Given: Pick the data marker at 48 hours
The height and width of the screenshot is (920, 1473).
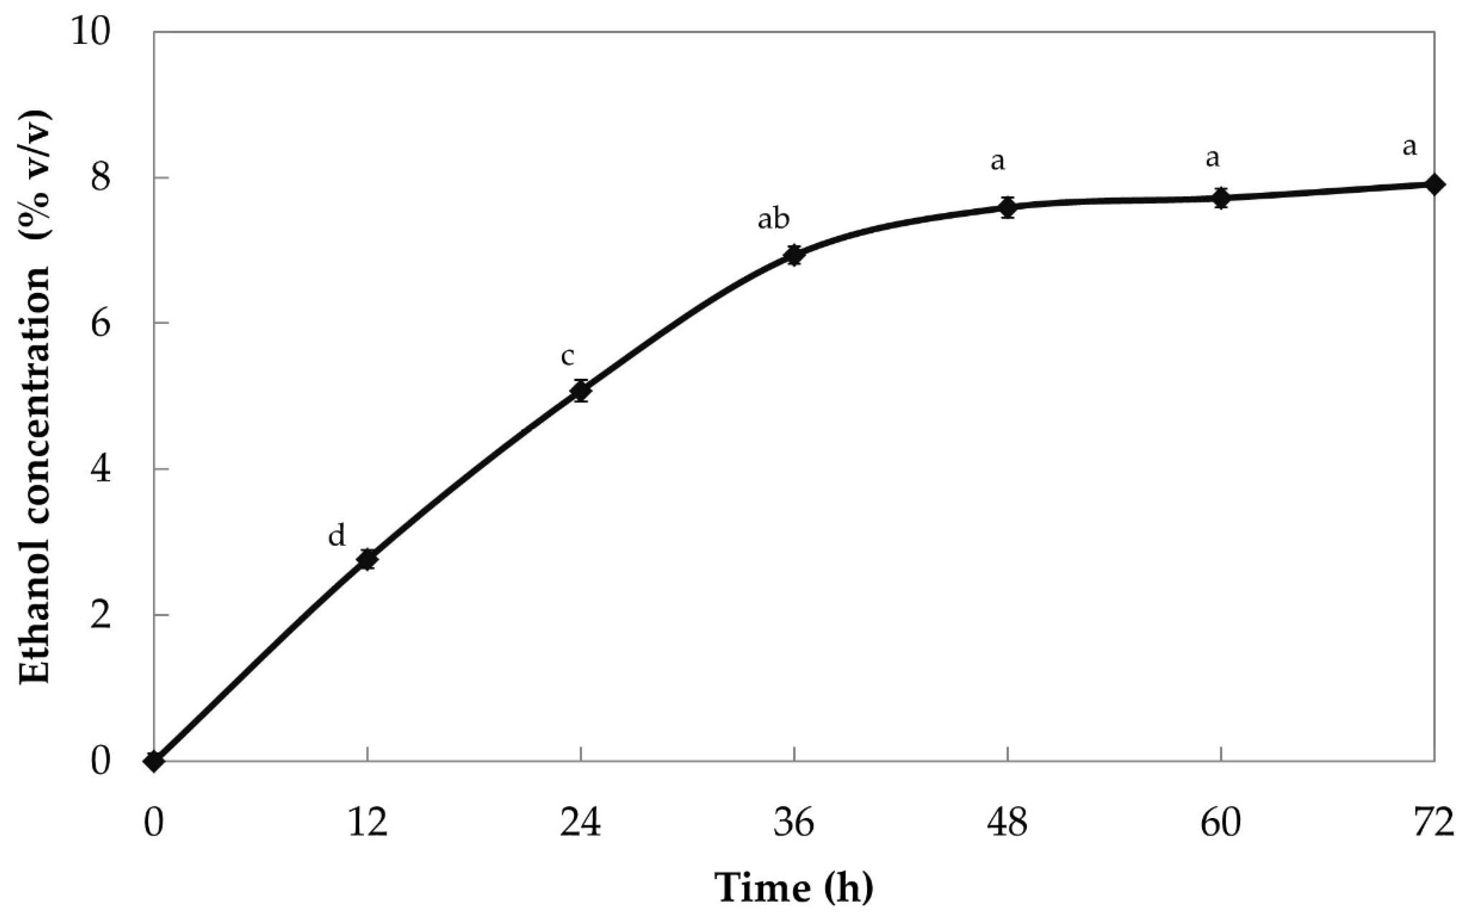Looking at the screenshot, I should point(1008,207).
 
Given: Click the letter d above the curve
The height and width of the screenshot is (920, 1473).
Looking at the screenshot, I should point(336,536).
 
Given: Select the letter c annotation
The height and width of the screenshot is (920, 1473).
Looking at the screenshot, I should point(567,357).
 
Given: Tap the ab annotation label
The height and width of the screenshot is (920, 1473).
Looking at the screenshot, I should point(773,219).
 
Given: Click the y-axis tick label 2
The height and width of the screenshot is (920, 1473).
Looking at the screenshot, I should point(101,615).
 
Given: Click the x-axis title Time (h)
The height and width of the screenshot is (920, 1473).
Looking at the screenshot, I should point(794,887).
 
